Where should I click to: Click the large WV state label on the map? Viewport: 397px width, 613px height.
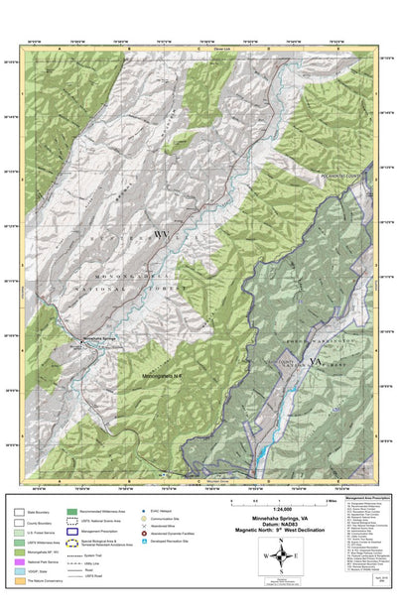[x=161, y=234]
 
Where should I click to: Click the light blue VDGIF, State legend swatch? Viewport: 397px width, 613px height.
[x=20, y=573]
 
